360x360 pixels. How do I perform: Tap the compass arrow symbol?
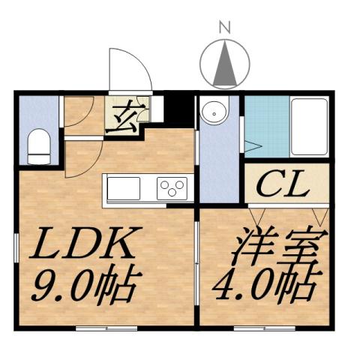223,64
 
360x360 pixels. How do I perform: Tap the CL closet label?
283,184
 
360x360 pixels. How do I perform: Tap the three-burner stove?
172,187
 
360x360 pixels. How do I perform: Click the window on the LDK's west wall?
16,247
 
